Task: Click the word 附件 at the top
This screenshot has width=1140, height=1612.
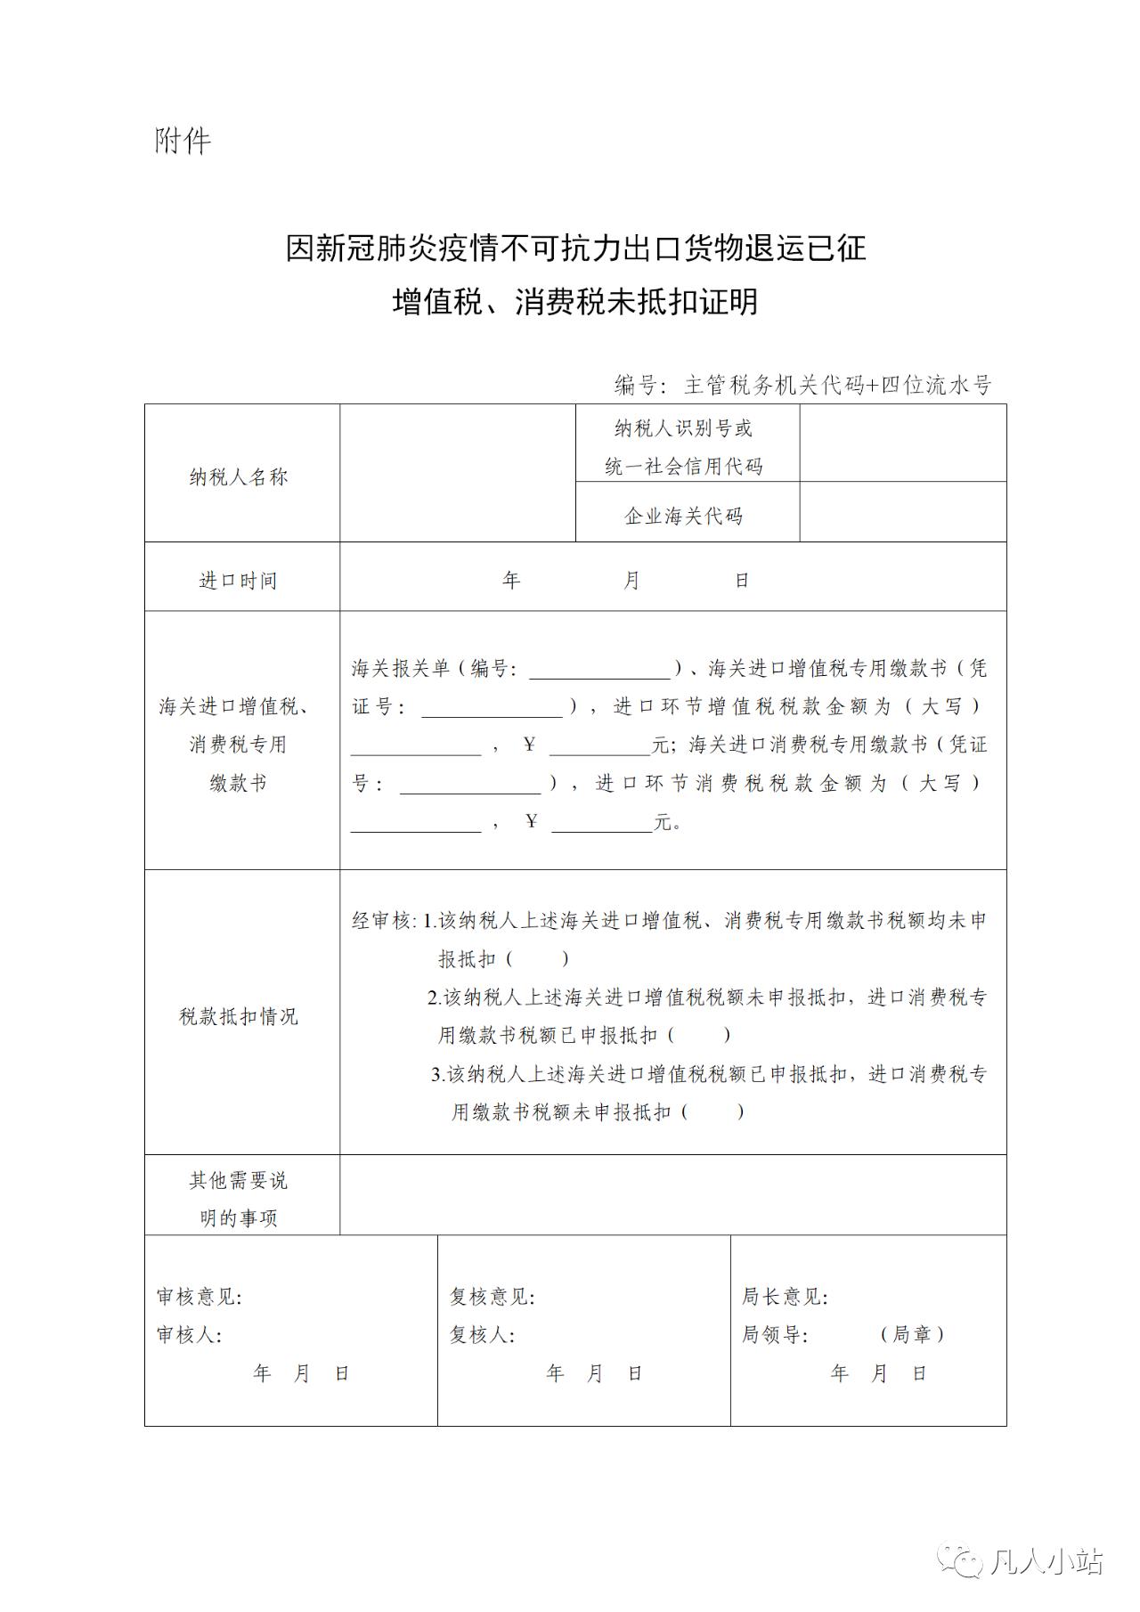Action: (183, 141)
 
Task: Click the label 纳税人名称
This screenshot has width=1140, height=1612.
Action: (238, 476)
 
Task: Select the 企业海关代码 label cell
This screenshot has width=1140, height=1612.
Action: (683, 516)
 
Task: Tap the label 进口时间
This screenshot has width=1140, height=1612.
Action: (238, 581)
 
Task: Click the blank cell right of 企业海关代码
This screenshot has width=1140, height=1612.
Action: (902, 512)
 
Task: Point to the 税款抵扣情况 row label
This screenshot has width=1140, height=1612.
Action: (238, 1016)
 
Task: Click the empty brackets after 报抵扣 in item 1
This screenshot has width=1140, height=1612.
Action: (539, 959)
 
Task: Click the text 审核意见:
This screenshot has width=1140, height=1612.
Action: (199, 1297)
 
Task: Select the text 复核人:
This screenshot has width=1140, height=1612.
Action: (482, 1335)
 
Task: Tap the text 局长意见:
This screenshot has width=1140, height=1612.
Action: (785, 1297)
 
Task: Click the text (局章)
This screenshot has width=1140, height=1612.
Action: (912, 1334)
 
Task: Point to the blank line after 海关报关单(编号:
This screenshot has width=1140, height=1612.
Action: (599, 670)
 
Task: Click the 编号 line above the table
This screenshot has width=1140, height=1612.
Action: (802, 385)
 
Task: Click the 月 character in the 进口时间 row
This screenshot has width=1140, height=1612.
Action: (631, 581)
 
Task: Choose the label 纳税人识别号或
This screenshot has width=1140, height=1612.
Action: (683, 428)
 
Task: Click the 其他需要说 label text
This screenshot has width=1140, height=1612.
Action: (238, 1180)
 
